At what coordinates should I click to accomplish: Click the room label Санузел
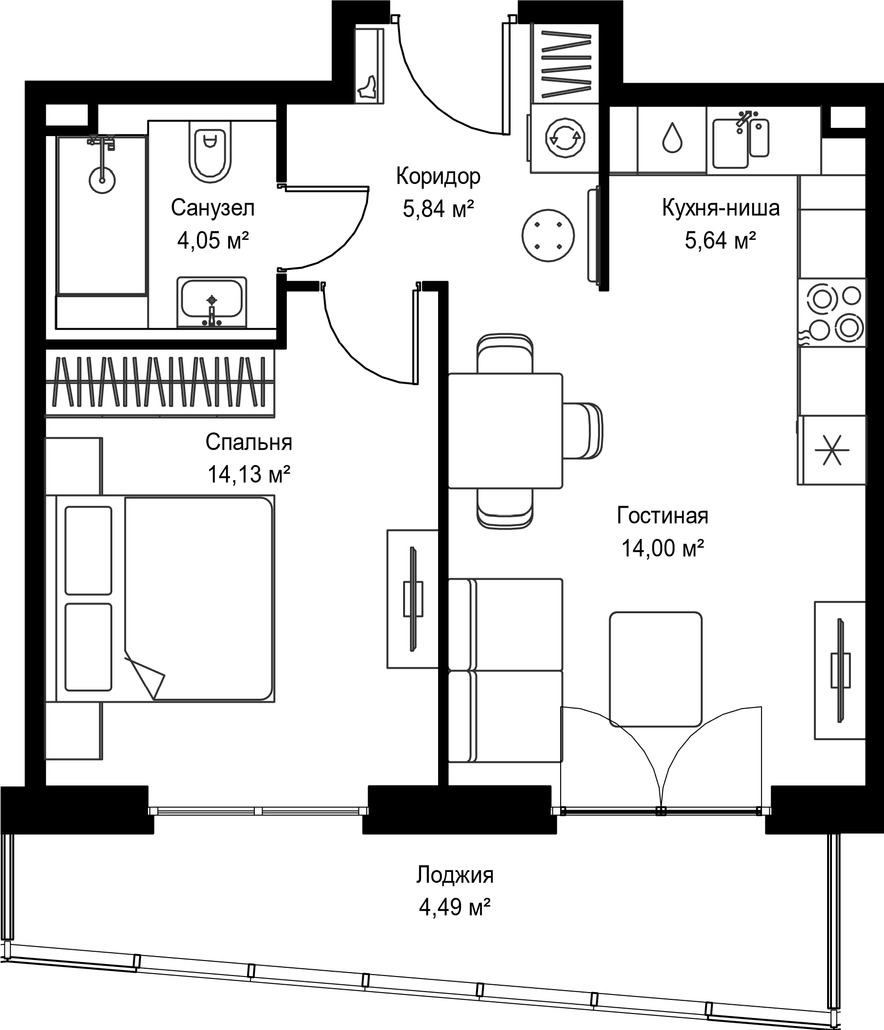(x=212, y=208)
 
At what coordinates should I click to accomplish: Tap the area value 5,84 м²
(x=438, y=208)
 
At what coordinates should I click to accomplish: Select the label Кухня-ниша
(x=721, y=208)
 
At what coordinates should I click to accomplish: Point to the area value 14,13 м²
(x=248, y=474)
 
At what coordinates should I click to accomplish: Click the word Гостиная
(x=662, y=515)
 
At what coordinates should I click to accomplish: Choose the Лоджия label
(x=455, y=874)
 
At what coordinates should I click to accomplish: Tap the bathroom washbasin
(x=212, y=302)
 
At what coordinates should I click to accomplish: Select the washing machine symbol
(x=565, y=138)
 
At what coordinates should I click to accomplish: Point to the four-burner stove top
(x=832, y=312)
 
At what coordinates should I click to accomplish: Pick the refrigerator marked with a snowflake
(x=832, y=450)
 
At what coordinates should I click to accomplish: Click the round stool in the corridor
(x=548, y=235)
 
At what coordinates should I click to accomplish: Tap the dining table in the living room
(x=505, y=431)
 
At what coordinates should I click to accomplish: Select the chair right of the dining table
(x=583, y=430)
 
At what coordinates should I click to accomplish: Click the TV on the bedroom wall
(x=412, y=599)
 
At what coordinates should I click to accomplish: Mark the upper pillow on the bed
(x=88, y=551)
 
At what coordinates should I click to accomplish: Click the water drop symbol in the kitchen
(x=672, y=138)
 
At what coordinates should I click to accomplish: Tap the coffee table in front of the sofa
(x=656, y=669)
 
